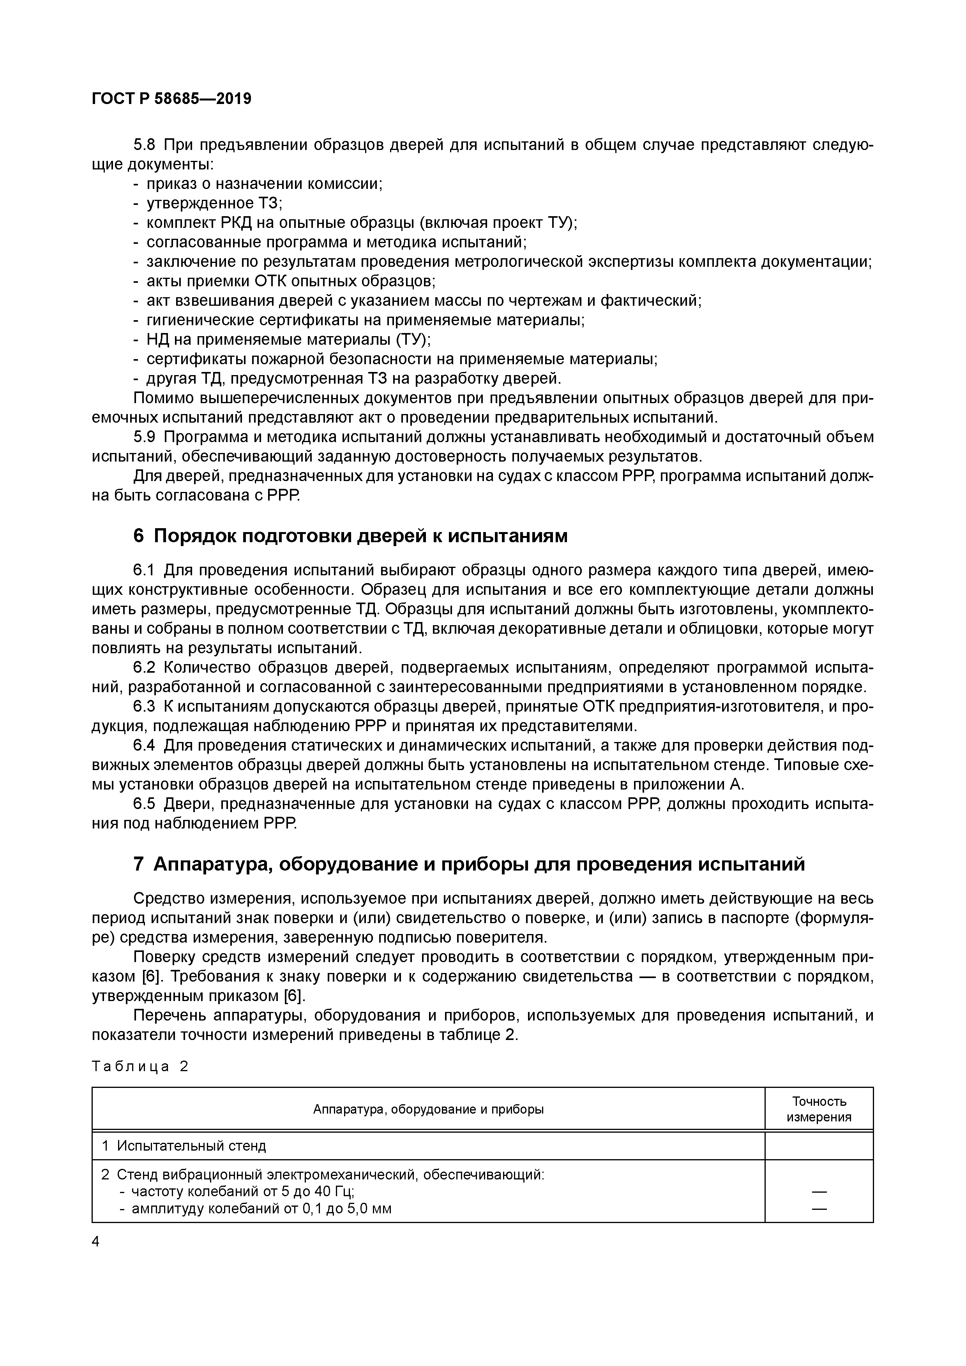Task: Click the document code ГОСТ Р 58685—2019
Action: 171,99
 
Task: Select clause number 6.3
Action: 144,707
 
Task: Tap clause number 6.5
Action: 144,804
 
